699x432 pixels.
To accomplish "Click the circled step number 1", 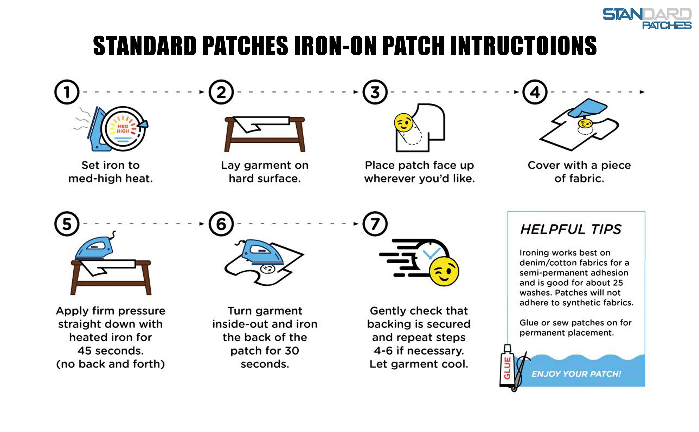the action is click(67, 92).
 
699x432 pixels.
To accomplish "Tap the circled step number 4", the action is click(535, 92).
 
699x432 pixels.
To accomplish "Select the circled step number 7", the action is click(375, 224).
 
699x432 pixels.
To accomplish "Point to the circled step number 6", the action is click(221, 224).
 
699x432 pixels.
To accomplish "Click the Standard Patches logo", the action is click(647, 19).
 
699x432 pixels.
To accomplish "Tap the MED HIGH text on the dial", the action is click(123, 129).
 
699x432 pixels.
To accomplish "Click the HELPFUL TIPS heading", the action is click(571, 229).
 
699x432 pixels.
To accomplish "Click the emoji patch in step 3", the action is click(403, 123).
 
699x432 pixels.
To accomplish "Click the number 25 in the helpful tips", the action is click(617, 283).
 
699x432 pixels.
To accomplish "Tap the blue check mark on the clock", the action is click(431, 253).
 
